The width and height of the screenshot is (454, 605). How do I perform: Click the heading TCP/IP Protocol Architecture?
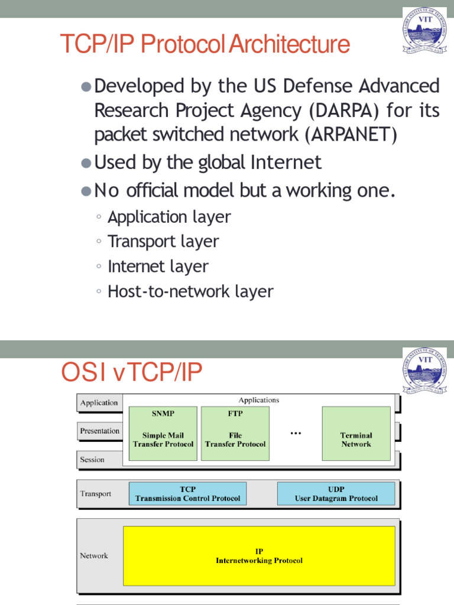[205, 45]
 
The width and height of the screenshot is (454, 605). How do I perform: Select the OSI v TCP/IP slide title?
[132, 372]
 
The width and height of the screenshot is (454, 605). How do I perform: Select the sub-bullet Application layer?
[169, 217]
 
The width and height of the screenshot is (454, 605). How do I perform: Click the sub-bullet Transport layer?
[163, 242]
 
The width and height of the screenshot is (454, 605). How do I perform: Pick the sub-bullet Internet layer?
[158, 266]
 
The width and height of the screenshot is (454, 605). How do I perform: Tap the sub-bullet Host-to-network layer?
[190, 291]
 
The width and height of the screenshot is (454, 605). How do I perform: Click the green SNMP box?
[163, 433]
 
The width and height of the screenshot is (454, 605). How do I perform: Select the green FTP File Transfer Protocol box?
[235, 433]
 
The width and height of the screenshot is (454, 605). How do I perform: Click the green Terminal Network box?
[356, 433]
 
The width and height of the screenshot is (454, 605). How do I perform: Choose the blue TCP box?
[187, 493]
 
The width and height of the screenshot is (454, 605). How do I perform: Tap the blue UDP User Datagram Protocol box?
[336, 493]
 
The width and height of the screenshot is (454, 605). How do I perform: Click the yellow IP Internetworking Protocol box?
[259, 555]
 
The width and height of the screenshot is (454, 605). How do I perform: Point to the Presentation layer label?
[99, 431]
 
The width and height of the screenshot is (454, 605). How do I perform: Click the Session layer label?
[92, 459]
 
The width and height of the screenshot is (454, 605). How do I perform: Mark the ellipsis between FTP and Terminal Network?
[296, 433]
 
